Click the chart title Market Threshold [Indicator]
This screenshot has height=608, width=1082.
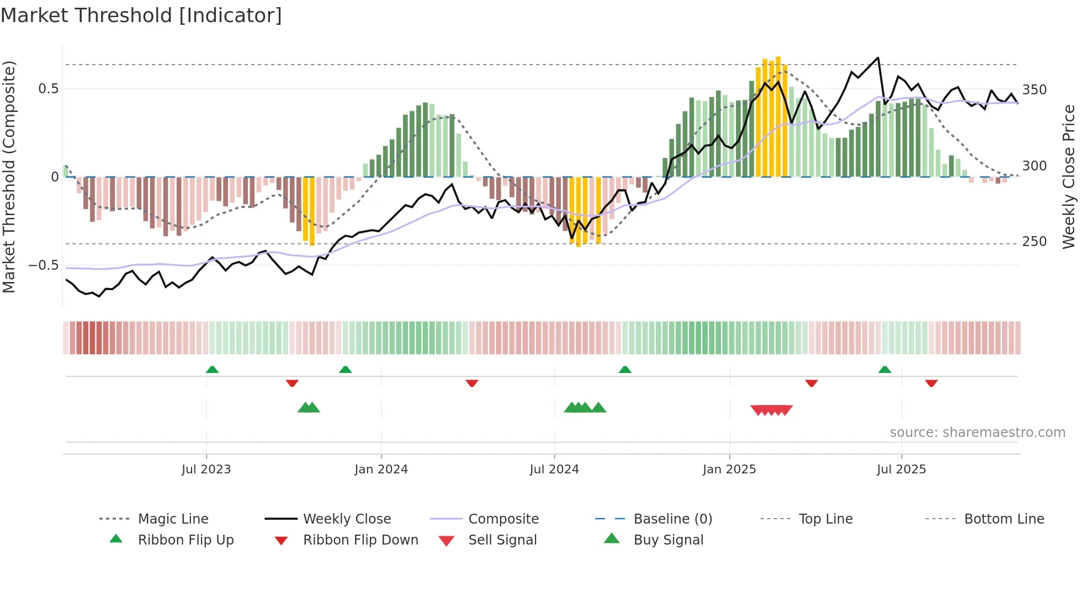(x=141, y=15)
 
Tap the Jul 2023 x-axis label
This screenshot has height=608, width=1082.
(x=206, y=470)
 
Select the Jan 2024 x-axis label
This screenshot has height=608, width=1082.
(x=381, y=470)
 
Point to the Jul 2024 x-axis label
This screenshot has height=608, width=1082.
(x=554, y=470)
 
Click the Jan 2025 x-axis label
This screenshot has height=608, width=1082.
(x=729, y=470)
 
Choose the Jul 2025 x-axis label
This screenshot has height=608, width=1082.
(x=901, y=470)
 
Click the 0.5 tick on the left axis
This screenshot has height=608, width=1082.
(x=48, y=89)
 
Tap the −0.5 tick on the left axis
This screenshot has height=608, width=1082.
(x=44, y=265)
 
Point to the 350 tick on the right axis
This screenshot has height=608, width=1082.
(x=1035, y=90)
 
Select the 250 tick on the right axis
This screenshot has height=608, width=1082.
(x=1035, y=242)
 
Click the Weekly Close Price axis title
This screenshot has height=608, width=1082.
(x=1069, y=177)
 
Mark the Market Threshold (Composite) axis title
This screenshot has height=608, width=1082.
(x=9, y=177)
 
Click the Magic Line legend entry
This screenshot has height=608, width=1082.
(x=173, y=519)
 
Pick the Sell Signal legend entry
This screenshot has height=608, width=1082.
(x=502, y=540)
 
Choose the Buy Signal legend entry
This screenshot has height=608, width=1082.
(x=668, y=540)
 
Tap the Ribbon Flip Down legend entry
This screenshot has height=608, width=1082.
(x=360, y=540)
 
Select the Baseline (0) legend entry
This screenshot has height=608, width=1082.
(x=672, y=519)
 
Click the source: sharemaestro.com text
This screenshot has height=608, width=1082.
(x=977, y=433)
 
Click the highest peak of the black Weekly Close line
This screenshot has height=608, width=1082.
(x=878, y=57)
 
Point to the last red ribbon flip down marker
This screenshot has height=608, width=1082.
(x=931, y=383)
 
